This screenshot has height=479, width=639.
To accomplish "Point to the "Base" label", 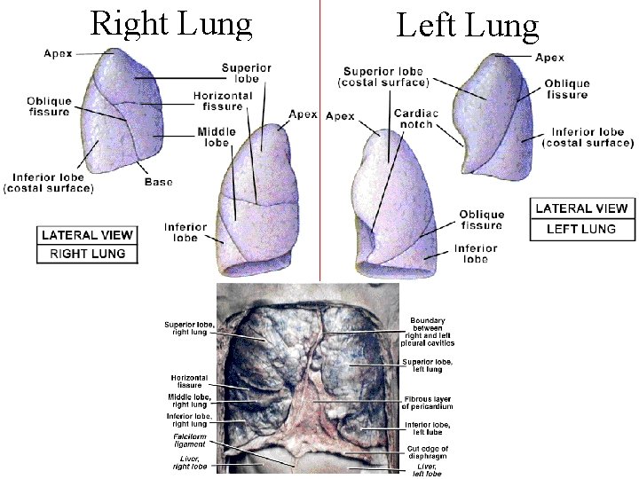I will coord(158,183).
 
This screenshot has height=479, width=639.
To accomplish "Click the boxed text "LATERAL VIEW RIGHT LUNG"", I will coord(87,245).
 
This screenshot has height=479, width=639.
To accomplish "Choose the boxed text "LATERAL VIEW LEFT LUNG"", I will coord(580,219).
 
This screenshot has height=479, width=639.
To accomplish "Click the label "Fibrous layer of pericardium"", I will coord(428,402).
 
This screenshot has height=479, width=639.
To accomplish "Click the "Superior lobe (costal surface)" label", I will coord(384,76).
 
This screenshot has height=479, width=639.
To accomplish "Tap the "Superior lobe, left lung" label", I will coord(428,365).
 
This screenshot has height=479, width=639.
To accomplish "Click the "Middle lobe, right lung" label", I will coord(189,401).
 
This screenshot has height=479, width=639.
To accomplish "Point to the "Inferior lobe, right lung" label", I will coord(189,420).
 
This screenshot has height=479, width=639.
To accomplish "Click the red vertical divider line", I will coord(319,133).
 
